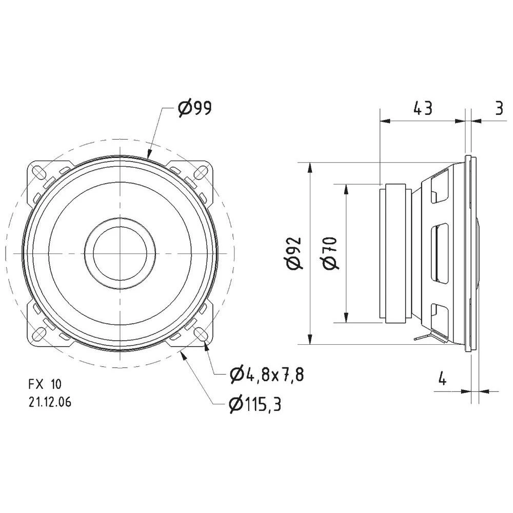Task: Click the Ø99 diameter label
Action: (194, 108)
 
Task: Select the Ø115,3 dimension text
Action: (255, 405)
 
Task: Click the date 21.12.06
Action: (50, 403)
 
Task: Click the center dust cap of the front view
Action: (120, 252)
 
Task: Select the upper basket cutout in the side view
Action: (440, 188)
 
